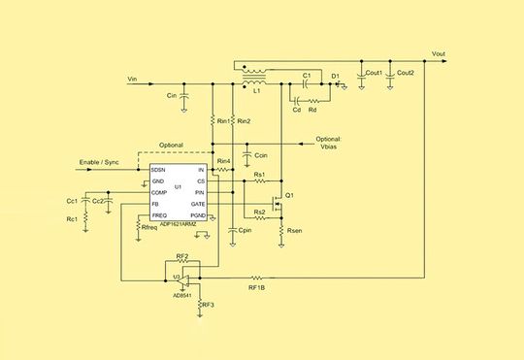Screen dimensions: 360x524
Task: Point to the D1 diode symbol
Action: click(336, 83)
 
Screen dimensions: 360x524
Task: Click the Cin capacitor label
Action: click(171, 96)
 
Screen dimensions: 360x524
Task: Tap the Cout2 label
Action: click(405, 73)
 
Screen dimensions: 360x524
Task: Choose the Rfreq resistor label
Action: click(149, 226)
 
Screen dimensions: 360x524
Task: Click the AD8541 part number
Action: click(175, 288)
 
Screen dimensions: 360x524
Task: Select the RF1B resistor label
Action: click(256, 287)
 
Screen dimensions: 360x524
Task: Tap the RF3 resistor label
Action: click(209, 304)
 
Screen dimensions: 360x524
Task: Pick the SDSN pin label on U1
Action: click(159, 170)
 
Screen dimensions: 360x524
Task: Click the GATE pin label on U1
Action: click(198, 204)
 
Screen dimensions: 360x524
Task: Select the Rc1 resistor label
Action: click(72, 218)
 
